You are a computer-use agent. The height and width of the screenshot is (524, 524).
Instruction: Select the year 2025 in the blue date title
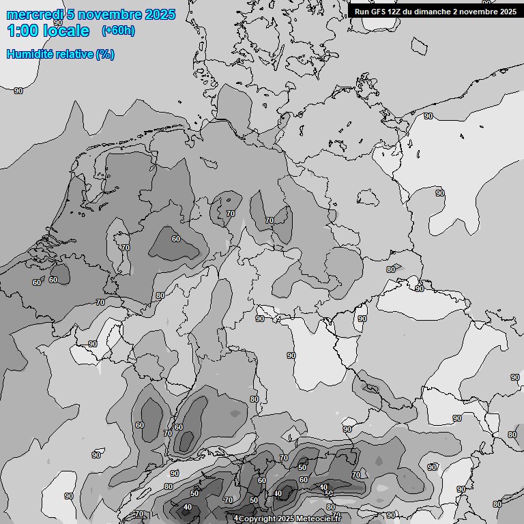(161, 14)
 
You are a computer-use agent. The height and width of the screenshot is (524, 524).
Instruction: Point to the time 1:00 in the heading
(22, 31)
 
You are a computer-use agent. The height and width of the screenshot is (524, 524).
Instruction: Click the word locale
(65, 31)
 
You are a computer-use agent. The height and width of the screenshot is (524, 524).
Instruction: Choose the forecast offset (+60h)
(118, 31)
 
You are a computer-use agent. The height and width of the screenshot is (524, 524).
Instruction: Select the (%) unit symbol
(105, 54)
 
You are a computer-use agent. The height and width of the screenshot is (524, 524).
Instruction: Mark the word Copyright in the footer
(257, 519)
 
